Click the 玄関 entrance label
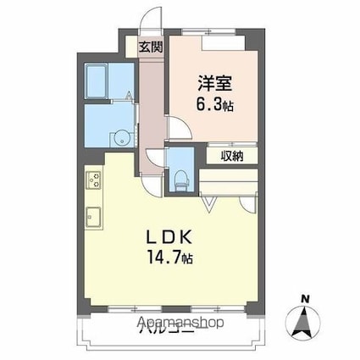point(152,48)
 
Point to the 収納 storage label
point(234,156)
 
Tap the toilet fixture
point(180,178)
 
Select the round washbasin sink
point(120,138)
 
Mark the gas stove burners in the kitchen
point(93,180)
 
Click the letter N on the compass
point(303,297)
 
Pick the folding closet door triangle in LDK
point(211,204)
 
